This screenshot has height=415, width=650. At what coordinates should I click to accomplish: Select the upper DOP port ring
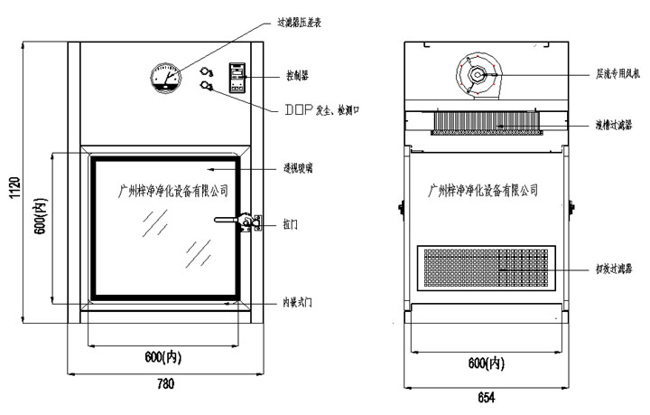click(x=206, y=69)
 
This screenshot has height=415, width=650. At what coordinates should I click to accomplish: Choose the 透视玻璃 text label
click(x=299, y=168)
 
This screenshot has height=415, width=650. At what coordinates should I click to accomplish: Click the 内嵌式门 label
click(x=297, y=300)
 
